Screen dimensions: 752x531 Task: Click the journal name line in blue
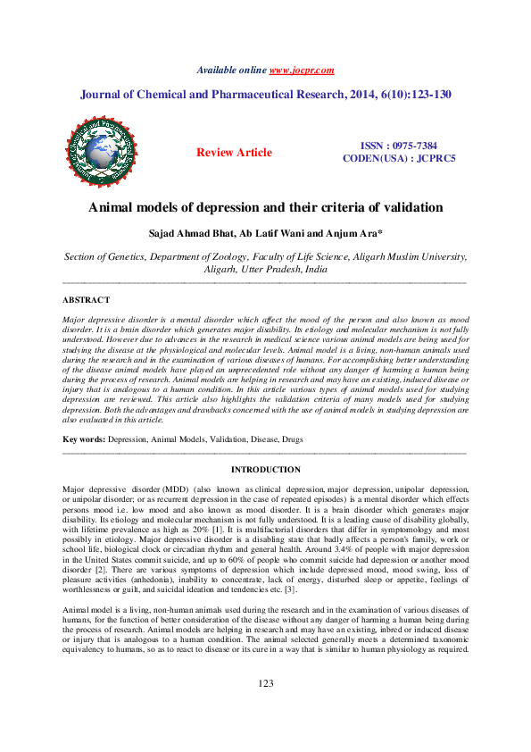(265, 93)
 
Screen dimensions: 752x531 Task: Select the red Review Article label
(234, 153)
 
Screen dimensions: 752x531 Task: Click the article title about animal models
(265, 208)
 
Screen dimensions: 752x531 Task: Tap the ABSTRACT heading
(87, 300)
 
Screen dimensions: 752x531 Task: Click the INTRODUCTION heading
(265, 470)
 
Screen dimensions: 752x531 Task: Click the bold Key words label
(83, 441)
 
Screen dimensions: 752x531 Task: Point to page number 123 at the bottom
(265, 707)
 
